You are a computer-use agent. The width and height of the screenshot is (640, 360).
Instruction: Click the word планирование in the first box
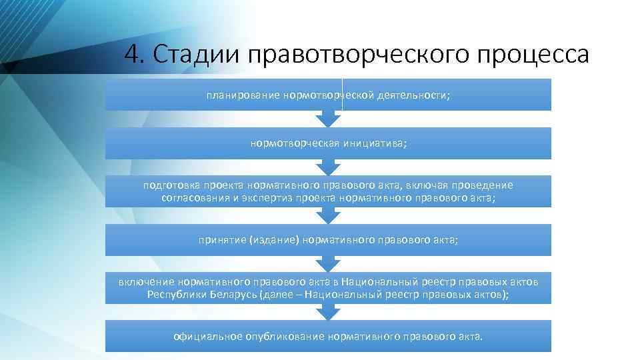tap(243, 95)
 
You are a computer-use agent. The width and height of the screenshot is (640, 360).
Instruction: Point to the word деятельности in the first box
tap(413, 95)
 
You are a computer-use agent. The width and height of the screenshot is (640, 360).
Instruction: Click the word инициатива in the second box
tap(375, 143)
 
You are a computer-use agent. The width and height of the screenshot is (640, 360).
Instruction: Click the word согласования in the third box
tap(194, 198)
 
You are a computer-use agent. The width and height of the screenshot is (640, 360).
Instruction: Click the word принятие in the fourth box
tap(222, 240)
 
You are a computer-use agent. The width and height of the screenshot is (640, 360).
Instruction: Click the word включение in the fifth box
tap(147, 282)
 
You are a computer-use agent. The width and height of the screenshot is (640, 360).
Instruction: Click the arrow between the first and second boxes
tap(328, 119)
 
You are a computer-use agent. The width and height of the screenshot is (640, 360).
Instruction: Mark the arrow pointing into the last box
tap(328, 311)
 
